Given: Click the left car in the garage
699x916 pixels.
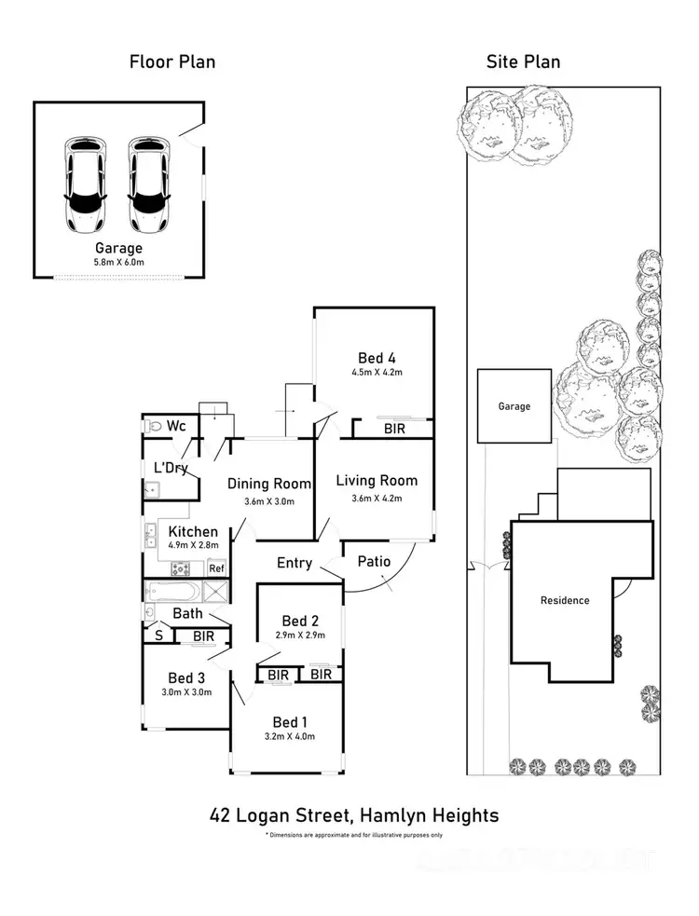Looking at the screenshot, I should (x=84, y=185).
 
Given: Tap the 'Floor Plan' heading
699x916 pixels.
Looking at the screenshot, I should (x=171, y=62).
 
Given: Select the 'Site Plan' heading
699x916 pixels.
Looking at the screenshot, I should (x=523, y=62).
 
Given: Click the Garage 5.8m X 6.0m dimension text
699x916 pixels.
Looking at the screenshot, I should (x=118, y=264).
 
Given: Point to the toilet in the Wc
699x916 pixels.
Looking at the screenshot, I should (x=154, y=426).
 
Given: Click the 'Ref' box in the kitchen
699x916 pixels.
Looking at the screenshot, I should (x=216, y=567).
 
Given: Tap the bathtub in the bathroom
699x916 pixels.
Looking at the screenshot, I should (x=173, y=592).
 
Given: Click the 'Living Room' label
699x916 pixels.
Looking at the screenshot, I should (x=377, y=481).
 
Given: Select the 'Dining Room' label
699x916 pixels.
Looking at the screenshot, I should (x=269, y=484).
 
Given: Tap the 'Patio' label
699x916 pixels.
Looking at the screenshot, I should (x=374, y=561).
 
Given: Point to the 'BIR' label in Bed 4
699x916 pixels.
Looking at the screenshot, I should (x=394, y=430).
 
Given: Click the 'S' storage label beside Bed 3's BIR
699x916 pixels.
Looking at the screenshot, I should (x=158, y=636).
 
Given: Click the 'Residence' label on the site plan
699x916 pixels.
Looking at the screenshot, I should (x=565, y=600).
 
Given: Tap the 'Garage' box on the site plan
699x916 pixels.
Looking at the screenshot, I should (x=514, y=406).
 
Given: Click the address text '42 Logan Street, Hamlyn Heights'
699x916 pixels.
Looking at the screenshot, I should (x=353, y=815).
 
